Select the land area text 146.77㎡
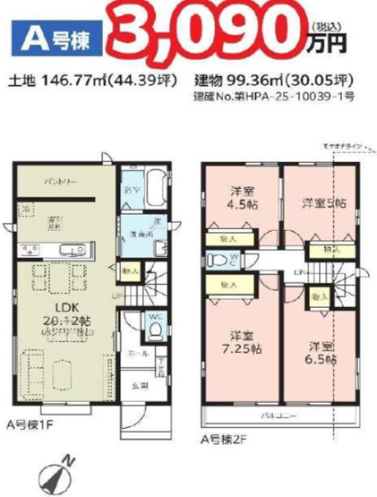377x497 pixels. pyautogui.click(x=76, y=80)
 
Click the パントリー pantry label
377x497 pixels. pyautogui.click(x=60, y=184)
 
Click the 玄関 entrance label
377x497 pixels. pyautogui.click(x=142, y=386)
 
